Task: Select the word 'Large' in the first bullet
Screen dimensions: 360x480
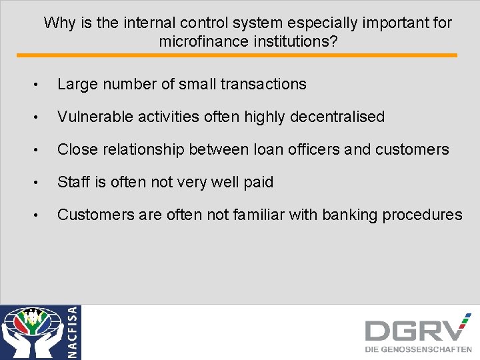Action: click(x=77, y=84)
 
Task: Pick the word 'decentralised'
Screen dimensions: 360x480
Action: click(x=337, y=117)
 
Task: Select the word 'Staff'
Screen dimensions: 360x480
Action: click(x=73, y=182)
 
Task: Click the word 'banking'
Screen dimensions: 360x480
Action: click(x=348, y=215)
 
